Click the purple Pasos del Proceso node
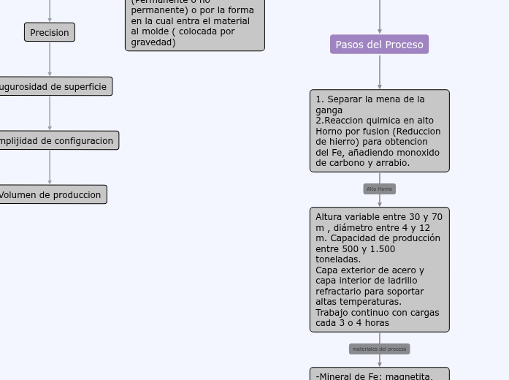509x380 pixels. coord(379,45)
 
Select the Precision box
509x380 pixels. coord(50,32)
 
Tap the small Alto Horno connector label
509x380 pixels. coord(379,189)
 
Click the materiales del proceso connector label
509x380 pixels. coord(379,349)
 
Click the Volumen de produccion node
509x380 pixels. coord(52,194)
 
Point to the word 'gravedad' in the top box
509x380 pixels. coord(153,42)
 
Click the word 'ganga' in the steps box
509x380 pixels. coord(329,110)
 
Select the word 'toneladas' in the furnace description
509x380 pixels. coord(337,259)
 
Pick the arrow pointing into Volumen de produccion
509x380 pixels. coord(50,167)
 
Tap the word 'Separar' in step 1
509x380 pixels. coord(344,99)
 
